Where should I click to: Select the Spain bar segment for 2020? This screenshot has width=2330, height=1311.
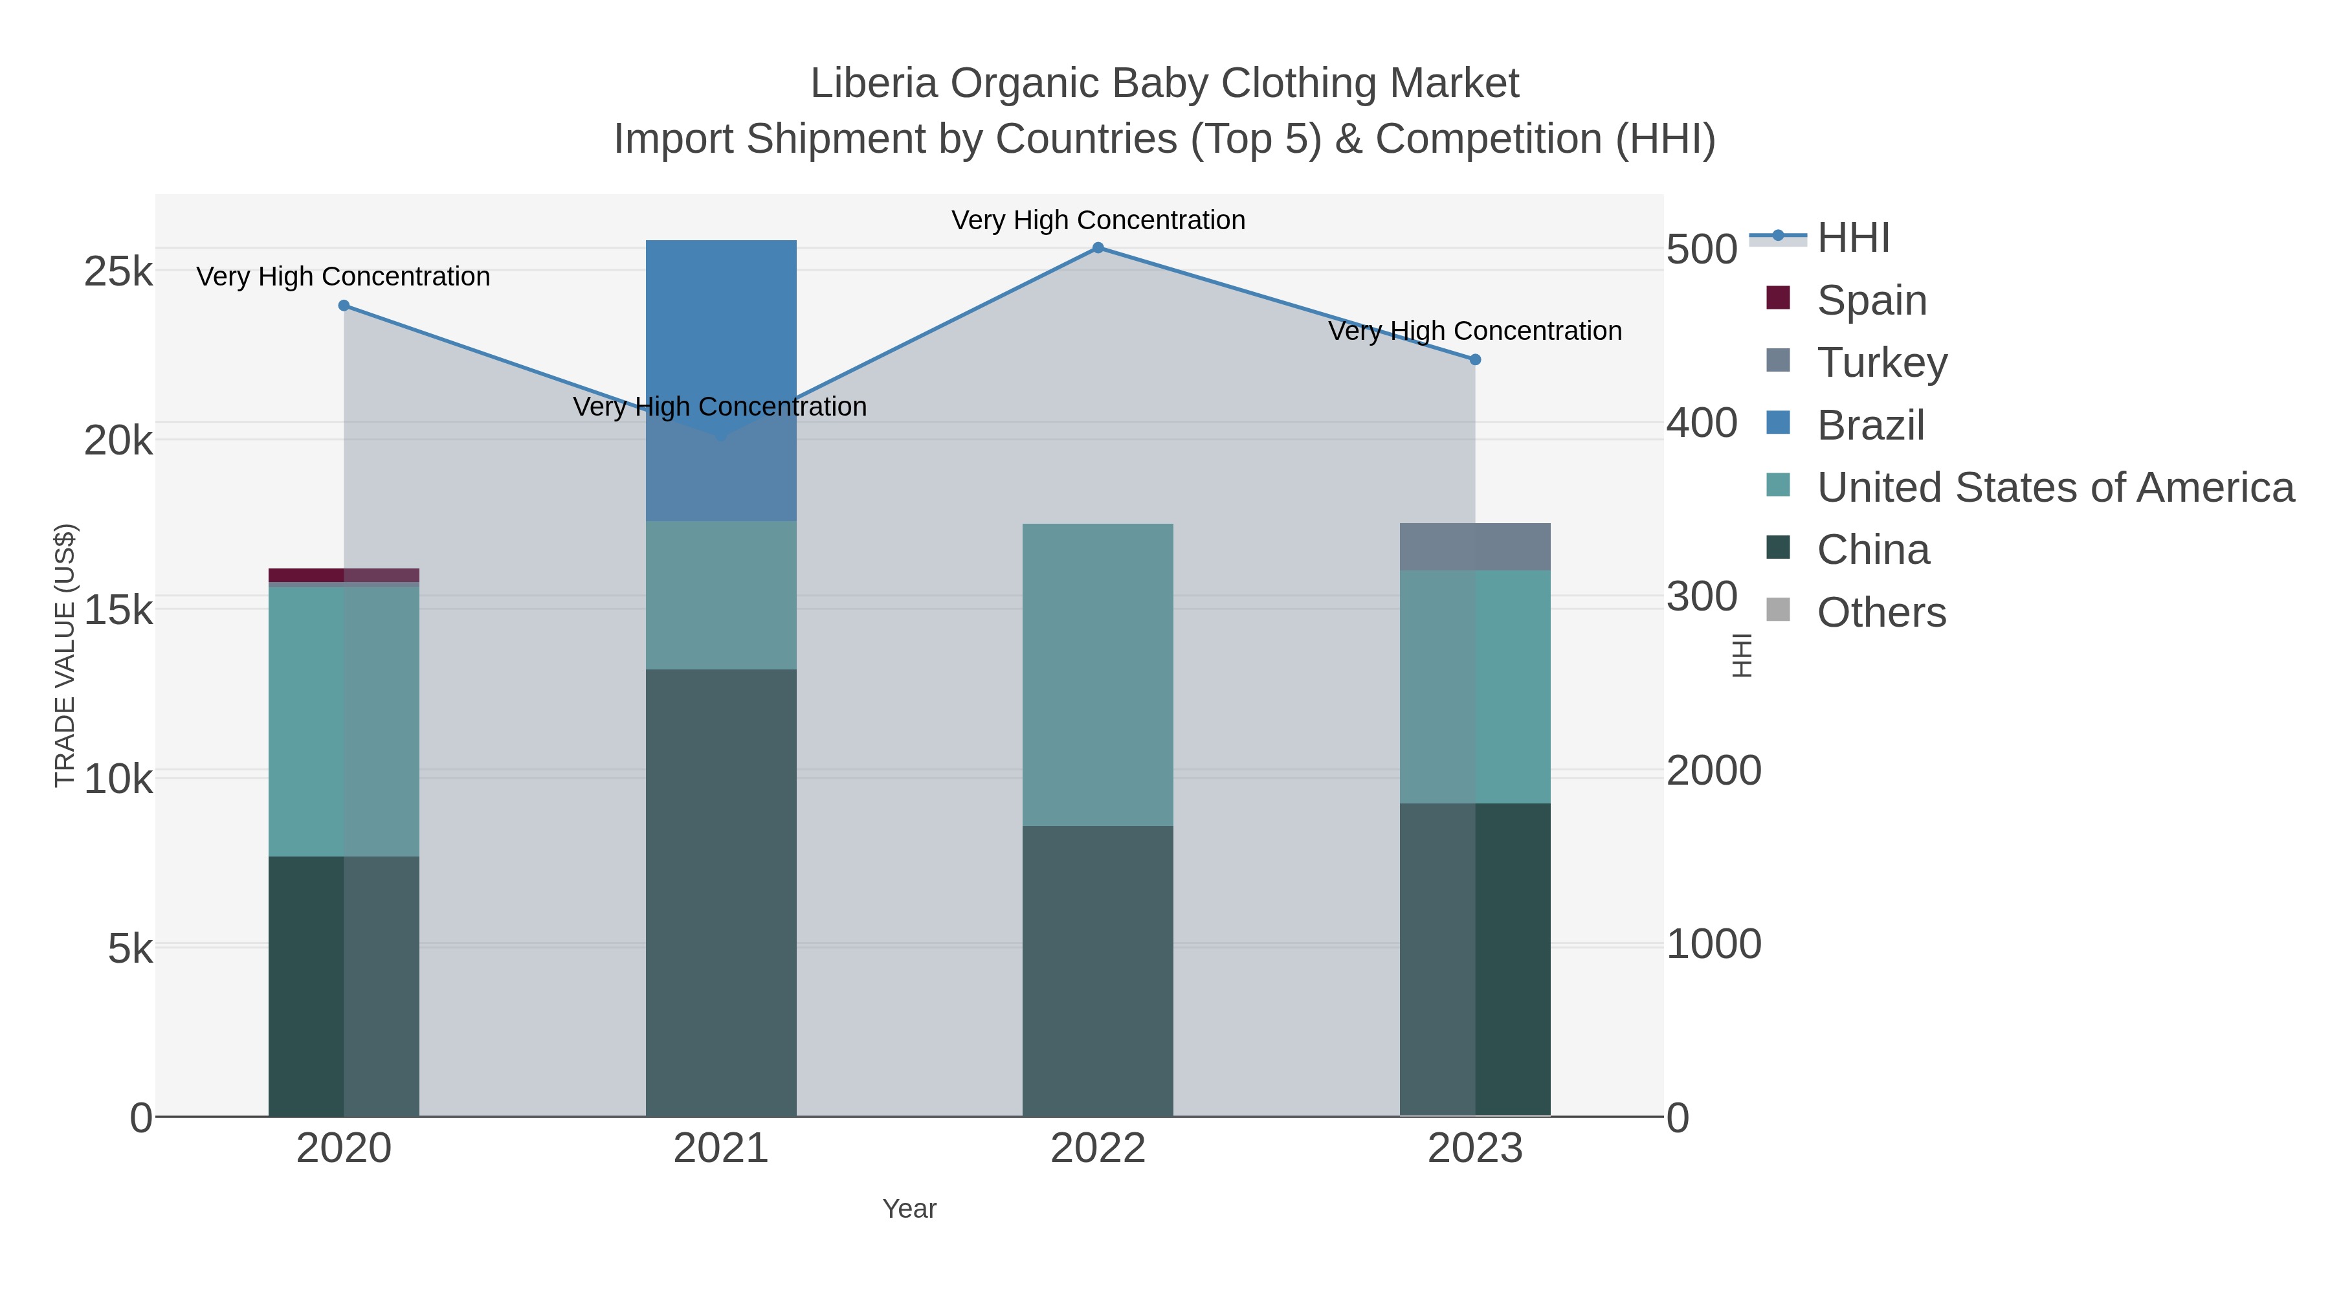(344, 574)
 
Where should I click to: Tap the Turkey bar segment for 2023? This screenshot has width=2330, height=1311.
(1474, 546)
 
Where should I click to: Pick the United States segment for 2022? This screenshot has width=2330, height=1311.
(1097, 674)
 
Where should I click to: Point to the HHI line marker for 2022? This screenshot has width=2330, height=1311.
(1097, 247)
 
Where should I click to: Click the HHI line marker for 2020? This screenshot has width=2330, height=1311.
(344, 306)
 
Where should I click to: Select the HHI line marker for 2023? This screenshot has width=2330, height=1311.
(1474, 359)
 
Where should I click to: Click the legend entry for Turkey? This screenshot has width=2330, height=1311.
(1881, 362)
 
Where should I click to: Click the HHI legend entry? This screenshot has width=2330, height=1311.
(1852, 237)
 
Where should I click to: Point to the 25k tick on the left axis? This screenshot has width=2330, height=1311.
(118, 271)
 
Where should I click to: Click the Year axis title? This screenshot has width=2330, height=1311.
(909, 1208)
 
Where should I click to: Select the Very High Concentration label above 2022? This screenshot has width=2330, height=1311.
(1097, 220)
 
